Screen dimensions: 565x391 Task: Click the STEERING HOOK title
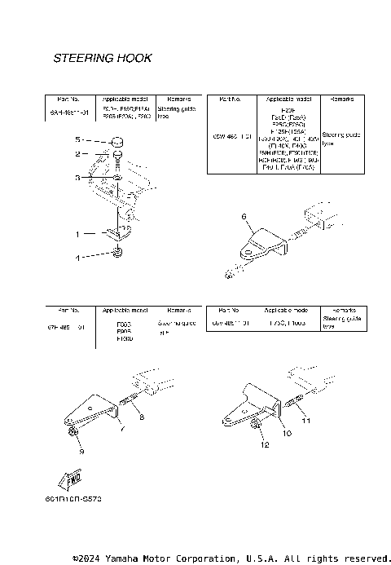point(102,59)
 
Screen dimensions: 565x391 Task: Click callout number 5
point(78,139)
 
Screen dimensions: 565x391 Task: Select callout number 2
point(78,153)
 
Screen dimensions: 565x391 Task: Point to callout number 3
point(78,177)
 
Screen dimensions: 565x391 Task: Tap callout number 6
point(243,216)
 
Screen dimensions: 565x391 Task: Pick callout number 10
point(286,434)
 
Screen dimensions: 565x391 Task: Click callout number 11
point(309,422)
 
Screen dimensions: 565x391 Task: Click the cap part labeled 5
point(118,143)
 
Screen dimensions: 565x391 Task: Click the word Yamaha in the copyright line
point(136,558)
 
